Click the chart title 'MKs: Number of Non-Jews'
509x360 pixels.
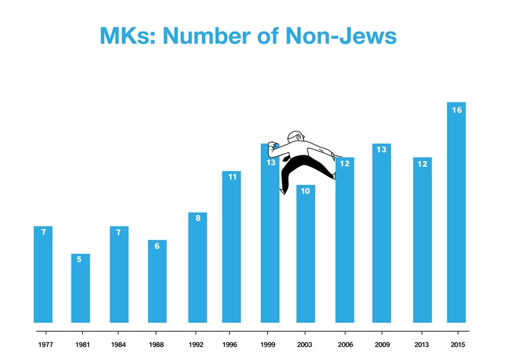[x=248, y=35]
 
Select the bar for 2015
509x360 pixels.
[x=456, y=213]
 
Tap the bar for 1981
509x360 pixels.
[x=80, y=289]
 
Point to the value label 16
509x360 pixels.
[x=456, y=110]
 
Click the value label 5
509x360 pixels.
[x=79, y=260]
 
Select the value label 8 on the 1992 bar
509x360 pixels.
[x=198, y=218]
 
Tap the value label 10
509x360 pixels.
[x=305, y=191]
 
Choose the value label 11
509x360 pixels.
[x=232, y=177]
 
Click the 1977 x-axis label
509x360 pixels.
[x=45, y=344]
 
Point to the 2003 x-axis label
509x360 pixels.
[x=305, y=344]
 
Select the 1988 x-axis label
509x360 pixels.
[x=157, y=344]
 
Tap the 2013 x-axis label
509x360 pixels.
[x=422, y=344]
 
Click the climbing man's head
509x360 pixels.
[x=295, y=137]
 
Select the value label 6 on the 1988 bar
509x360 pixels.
[x=157, y=246]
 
